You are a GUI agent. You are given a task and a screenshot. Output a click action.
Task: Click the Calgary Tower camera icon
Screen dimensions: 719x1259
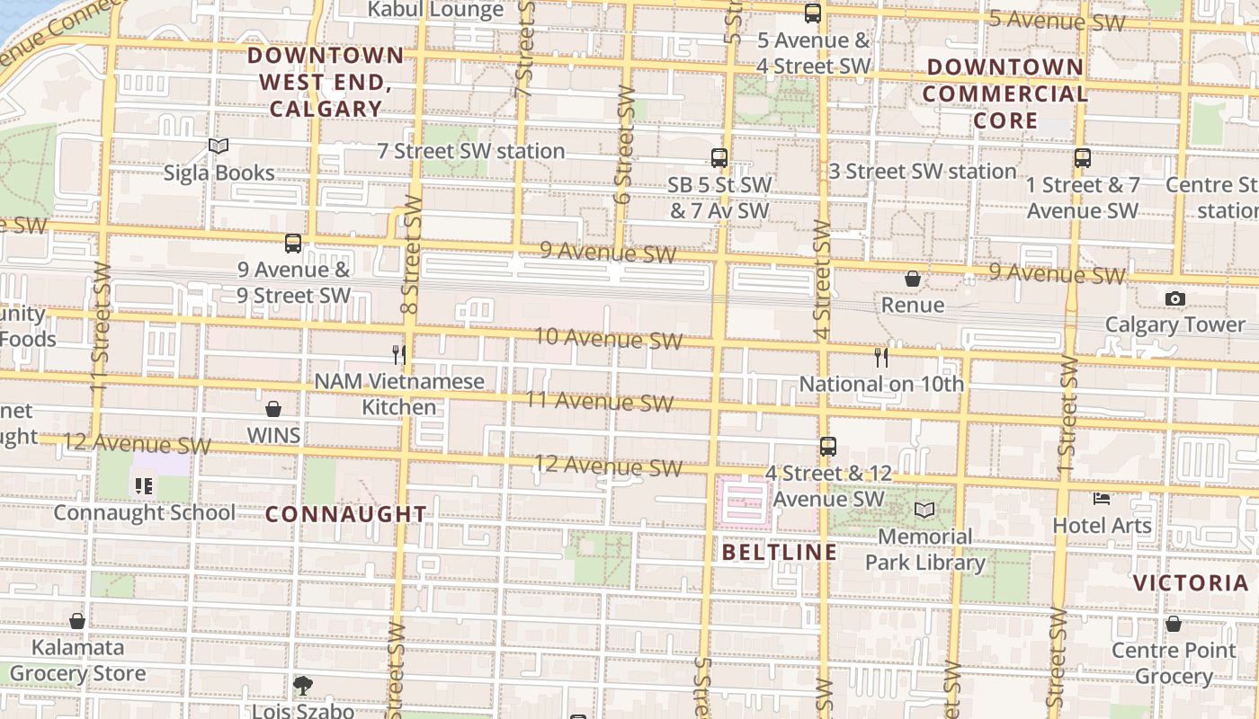(x=1174, y=298)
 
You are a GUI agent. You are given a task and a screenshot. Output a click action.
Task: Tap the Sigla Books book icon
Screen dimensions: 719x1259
(x=219, y=146)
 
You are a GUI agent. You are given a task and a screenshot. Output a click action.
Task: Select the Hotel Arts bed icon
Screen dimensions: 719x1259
(x=1102, y=498)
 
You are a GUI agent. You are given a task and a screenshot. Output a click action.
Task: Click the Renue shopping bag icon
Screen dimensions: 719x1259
(x=912, y=279)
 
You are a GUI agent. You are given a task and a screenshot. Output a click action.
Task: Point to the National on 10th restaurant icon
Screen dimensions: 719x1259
(x=881, y=358)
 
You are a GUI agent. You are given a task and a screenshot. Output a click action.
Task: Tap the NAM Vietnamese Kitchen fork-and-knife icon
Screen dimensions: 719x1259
(x=399, y=355)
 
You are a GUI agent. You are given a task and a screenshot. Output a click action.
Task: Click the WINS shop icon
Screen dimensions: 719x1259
(x=273, y=409)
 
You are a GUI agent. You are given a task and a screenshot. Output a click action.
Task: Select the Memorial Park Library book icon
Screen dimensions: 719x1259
(x=924, y=510)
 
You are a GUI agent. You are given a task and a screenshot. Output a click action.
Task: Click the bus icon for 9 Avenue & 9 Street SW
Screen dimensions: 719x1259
(x=293, y=244)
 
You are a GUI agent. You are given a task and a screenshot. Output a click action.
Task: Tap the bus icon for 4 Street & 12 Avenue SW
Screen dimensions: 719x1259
(x=828, y=446)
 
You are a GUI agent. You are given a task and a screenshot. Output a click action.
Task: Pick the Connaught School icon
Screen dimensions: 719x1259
(x=144, y=486)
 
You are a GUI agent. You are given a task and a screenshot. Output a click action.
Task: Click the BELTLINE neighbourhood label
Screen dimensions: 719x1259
(x=780, y=552)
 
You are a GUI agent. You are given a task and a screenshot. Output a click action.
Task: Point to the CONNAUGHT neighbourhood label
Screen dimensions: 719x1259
(x=346, y=514)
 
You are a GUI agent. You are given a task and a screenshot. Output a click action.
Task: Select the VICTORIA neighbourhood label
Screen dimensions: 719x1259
(x=1191, y=582)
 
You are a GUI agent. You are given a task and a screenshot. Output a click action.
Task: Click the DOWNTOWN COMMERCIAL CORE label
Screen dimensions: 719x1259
(x=1005, y=93)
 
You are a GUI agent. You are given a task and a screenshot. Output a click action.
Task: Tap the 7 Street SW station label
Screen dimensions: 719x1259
(x=471, y=151)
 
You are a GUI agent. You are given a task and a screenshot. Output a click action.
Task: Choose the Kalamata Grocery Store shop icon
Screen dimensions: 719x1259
(x=77, y=621)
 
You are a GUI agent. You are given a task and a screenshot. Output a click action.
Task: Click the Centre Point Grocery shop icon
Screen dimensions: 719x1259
(x=1174, y=624)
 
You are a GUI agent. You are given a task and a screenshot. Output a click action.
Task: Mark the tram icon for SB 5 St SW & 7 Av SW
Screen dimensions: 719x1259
(x=719, y=158)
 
